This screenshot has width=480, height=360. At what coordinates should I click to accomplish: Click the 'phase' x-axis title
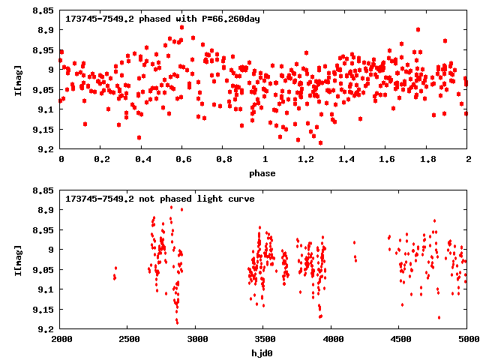(x=263, y=173)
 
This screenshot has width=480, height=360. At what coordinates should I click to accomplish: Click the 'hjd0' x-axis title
(x=263, y=353)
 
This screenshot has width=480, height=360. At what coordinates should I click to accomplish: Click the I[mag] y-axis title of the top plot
(x=17, y=79)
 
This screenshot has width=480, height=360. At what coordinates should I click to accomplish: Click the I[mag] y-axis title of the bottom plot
(x=17, y=259)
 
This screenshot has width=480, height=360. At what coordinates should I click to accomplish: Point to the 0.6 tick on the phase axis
(x=182, y=159)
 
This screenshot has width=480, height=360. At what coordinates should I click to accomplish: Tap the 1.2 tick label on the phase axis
(x=304, y=159)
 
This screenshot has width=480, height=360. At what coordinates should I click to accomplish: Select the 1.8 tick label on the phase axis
(x=427, y=159)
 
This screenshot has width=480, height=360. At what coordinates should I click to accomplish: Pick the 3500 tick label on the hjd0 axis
(x=263, y=339)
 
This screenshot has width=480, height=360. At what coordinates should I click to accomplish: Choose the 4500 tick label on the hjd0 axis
(x=399, y=339)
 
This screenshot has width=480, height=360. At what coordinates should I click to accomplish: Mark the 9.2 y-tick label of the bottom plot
(x=46, y=329)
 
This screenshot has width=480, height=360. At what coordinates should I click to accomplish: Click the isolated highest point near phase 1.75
(x=418, y=30)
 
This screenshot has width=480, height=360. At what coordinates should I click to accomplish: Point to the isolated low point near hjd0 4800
(x=439, y=317)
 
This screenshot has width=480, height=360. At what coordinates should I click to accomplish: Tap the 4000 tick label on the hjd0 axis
(x=331, y=339)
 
